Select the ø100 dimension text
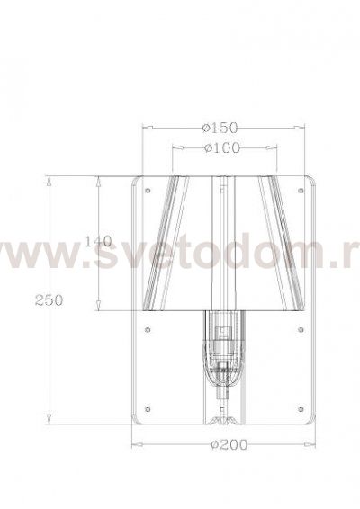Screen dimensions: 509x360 point(221,147)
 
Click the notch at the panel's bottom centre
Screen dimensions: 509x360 point(221,419)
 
